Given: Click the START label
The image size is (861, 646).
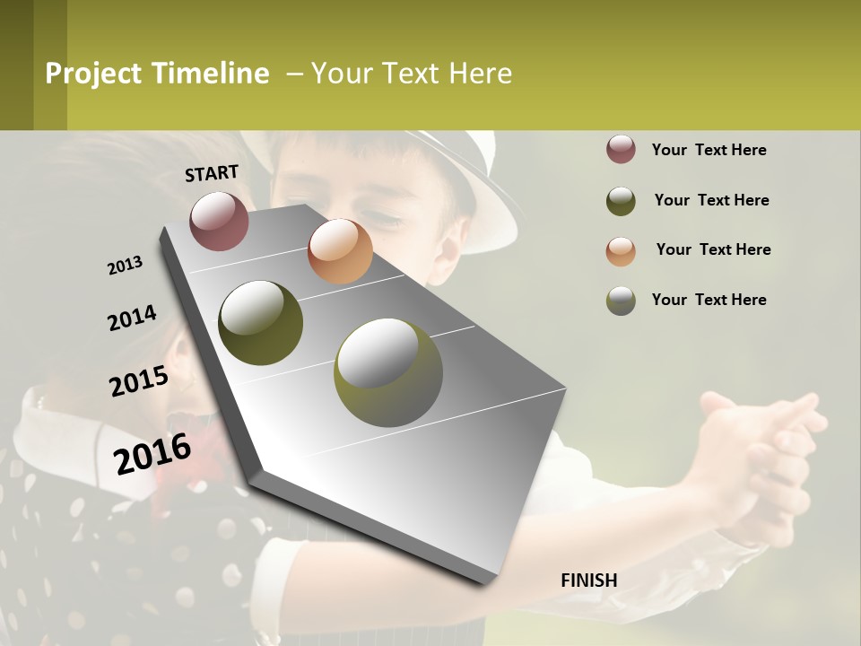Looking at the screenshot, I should point(212,173).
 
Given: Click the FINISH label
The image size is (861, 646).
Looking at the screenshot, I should point(588,581).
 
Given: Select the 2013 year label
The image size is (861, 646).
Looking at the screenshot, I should point(125,266).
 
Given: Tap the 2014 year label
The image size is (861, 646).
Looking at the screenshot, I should point(132,319).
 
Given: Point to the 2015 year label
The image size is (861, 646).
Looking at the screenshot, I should point(139,381).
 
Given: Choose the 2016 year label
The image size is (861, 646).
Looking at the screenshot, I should point(152,453).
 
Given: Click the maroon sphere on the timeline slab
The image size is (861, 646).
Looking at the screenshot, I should point(219,221).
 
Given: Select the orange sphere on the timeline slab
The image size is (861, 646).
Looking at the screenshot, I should point(340,251).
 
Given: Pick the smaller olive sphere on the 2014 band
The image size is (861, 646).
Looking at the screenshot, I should point(261,323).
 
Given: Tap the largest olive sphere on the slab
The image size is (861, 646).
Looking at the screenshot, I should point(387,371).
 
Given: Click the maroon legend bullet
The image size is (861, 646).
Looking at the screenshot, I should point(621,150).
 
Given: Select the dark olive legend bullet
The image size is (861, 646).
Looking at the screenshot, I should point(621,201).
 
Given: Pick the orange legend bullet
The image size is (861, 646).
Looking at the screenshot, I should point(621,251).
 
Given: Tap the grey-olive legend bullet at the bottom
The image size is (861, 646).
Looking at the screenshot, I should point(621,301).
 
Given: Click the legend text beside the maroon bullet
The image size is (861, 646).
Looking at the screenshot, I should point(709,150).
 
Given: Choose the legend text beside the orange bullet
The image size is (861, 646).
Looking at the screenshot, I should point(713,249).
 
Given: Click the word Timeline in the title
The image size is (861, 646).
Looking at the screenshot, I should point(210,74).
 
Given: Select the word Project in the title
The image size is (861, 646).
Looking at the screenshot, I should point(93,74).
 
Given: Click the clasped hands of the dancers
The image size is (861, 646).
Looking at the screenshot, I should point(762,449).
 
